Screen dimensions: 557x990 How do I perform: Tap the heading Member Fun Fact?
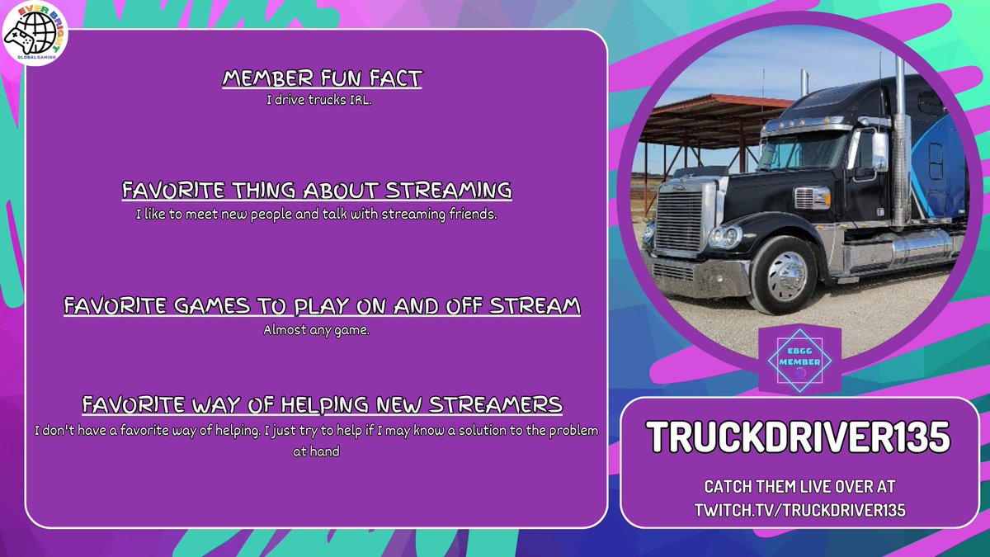tap(322, 79)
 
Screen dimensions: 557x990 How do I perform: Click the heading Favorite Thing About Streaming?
tap(317, 191)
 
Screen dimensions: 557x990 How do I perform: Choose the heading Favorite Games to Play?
tap(322, 306)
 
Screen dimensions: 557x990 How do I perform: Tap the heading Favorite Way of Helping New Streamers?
tap(322, 405)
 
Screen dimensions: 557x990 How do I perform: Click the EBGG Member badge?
tap(799, 360)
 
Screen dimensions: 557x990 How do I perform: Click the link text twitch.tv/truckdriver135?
tap(799, 510)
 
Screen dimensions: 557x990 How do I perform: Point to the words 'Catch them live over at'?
tap(799, 487)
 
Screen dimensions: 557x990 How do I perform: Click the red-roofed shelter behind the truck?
tap(701, 124)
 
